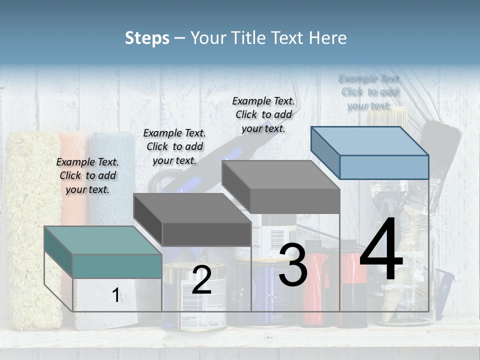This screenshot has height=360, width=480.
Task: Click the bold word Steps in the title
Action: [x=147, y=38]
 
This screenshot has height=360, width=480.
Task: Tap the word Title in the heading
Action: [x=245, y=38]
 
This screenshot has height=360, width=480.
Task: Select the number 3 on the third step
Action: [x=293, y=265]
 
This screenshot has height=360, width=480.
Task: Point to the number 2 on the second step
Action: [x=201, y=280]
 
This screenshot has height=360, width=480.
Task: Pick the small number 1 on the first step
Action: [x=116, y=295]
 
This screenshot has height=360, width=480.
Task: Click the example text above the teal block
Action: [x=87, y=175]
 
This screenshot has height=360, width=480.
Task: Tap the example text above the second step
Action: [x=174, y=146]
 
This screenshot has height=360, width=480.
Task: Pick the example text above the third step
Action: [x=263, y=114]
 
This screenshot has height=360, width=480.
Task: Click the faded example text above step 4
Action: [x=369, y=92]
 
